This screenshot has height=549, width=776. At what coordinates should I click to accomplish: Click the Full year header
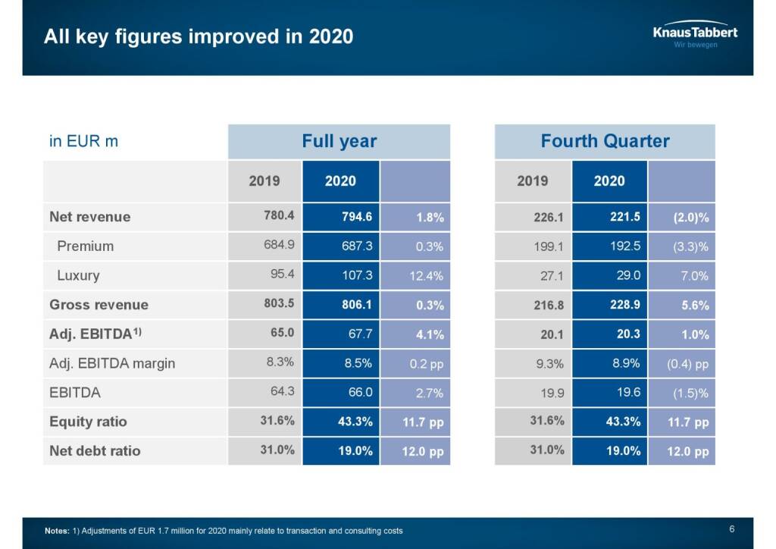click(339, 141)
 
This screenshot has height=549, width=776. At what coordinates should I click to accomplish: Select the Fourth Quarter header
click(605, 141)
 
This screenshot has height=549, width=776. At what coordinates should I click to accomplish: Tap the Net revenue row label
click(89, 217)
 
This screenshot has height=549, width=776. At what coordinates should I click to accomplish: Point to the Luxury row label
click(78, 275)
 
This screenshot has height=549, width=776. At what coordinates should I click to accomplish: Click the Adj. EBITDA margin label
click(112, 363)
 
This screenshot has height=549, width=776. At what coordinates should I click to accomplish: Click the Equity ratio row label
click(88, 422)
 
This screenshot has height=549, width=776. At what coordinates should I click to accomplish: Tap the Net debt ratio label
click(95, 450)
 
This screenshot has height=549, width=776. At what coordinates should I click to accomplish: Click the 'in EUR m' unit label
click(83, 141)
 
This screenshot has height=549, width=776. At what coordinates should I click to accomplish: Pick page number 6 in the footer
click(731, 529)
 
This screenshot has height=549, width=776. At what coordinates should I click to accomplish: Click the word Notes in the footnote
click(57, 531)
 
